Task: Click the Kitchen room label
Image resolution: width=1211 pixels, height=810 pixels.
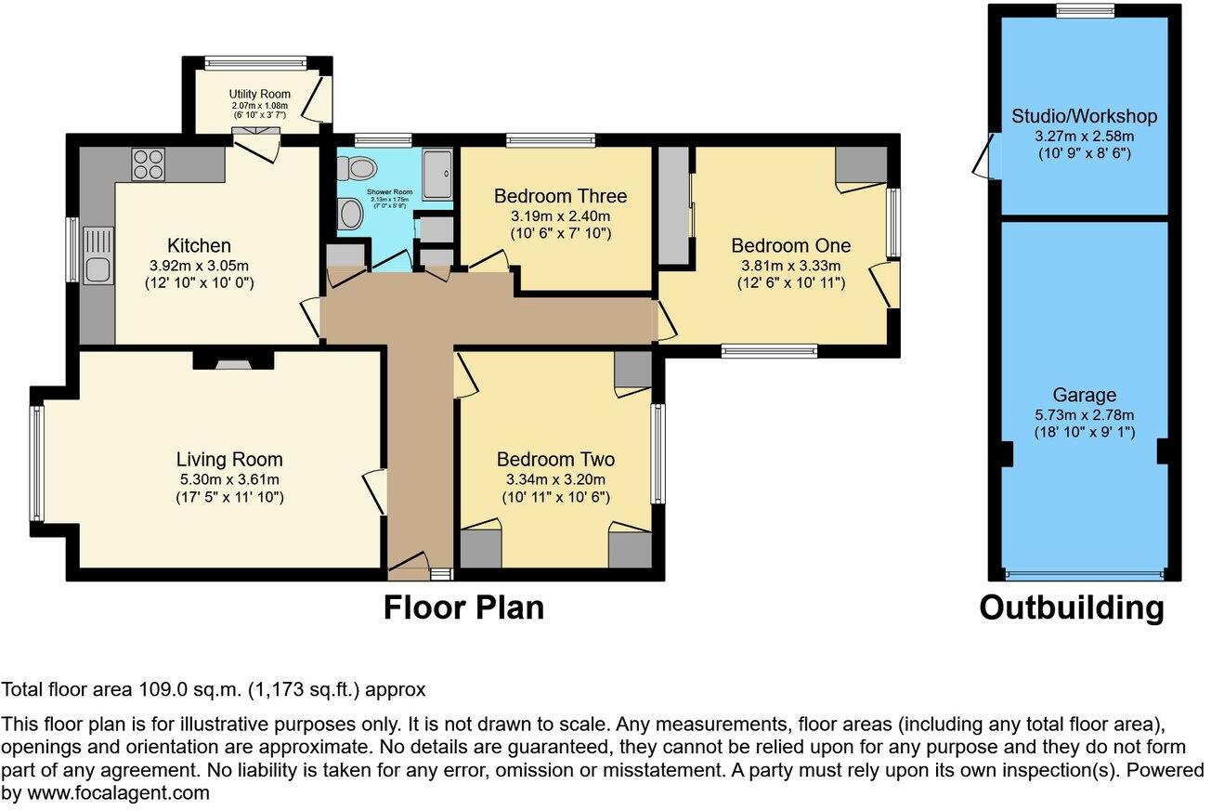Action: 199,246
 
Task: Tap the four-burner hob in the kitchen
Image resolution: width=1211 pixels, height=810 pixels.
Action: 148,164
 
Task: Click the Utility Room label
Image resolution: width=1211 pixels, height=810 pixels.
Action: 260,94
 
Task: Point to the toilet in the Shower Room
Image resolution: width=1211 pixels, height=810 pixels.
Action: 358,167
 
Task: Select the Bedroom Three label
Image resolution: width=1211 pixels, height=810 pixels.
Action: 560,196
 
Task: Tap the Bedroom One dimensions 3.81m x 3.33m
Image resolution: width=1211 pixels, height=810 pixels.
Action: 790,265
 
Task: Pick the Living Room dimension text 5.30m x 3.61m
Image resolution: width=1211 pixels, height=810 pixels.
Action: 229,479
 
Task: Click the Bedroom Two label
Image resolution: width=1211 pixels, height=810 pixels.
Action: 555,460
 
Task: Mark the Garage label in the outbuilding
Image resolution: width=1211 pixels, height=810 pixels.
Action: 1085,395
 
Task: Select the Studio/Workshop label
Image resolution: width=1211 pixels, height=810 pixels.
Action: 1084,116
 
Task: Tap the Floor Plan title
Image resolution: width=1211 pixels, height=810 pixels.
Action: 463,607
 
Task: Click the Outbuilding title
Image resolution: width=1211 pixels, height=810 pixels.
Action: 1072,607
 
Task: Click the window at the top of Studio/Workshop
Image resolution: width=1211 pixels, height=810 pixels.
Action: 1085,10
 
